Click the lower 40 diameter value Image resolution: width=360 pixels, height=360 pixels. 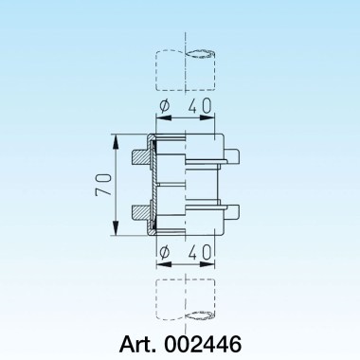coord(196,252)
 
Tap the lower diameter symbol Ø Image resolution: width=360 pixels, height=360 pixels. coord(163,252)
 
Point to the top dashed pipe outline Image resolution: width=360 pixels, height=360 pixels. coord(186,66)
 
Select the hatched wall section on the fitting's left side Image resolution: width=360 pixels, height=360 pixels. coord(150,187)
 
